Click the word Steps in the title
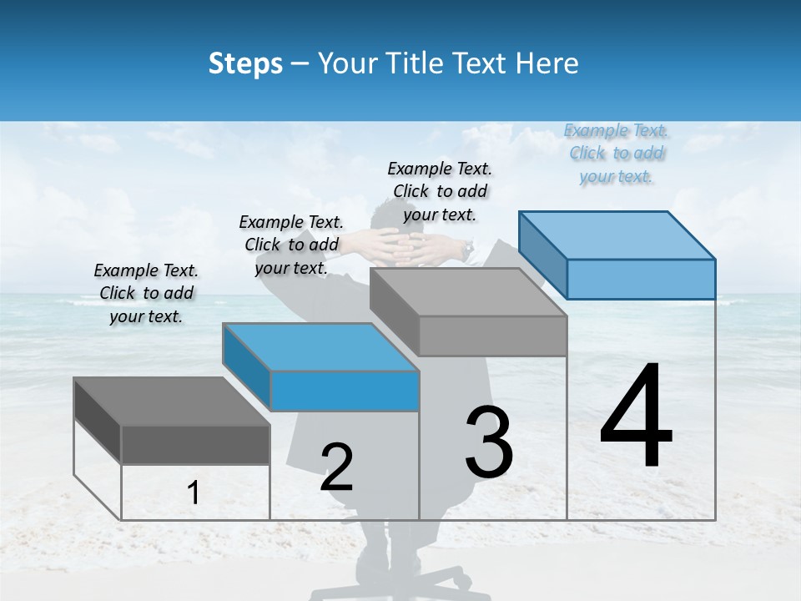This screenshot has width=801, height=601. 244,63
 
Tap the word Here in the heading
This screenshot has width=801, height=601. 547,63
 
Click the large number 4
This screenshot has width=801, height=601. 636,417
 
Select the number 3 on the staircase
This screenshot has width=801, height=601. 489,442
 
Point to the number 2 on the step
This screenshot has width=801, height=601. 336,467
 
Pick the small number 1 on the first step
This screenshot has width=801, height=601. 194,493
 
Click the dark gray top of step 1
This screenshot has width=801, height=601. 172,402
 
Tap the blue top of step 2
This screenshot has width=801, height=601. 320,347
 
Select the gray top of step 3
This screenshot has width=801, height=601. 468,292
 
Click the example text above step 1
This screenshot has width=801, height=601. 147,293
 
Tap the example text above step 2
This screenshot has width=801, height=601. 291,245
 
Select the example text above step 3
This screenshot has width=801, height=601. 440,191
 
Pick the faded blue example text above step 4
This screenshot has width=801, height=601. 617,153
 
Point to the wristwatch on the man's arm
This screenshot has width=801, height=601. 469,248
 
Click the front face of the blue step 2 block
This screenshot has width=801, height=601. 345,391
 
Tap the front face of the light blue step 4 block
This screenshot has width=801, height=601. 641,279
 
